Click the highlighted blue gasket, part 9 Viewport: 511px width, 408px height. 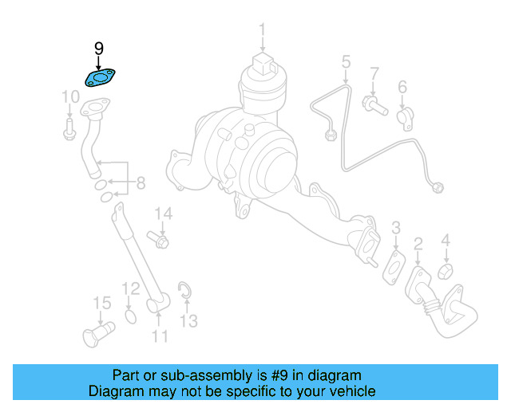(x=101, y=78)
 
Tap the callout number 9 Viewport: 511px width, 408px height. (x=98, y=49)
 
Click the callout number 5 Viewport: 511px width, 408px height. (x=346, y=61)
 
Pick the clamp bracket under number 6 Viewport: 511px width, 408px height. (x=405, y=116)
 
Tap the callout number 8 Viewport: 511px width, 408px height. (x=140, y=184)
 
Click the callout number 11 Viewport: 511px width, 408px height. (x=160, y=336)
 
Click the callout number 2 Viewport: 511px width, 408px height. (x=418, y=243)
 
